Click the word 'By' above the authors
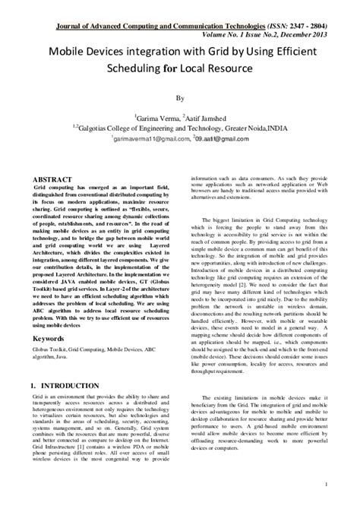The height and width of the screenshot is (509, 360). tap(180, 98)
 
